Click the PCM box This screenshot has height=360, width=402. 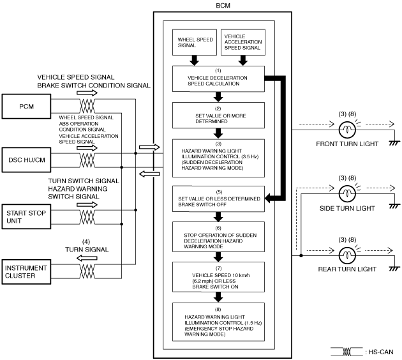[x=26, y=107]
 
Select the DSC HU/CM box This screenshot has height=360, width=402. [x=26, y=160]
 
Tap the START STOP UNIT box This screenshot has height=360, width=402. [x=26, y=216]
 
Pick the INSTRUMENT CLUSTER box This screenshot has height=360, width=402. [x=26, y=272]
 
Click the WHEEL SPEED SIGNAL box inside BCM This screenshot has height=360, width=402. [x=195, y=42]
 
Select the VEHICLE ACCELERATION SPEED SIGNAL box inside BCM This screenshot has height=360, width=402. [x=243, y=42]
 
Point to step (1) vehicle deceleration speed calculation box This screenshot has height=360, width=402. [x=218, y=79]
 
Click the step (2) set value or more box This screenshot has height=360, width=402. [x=218, y=116]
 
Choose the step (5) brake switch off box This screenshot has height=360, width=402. [x=218, y=199]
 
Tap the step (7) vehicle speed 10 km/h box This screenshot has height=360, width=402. [x=218, y=277]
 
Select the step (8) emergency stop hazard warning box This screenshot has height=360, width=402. [x=218, y=322]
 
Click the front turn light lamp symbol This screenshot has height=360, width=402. [x=347, y=130]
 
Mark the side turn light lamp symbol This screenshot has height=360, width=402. [x=347, y=193]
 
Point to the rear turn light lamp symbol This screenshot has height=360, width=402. [x=347, y=255]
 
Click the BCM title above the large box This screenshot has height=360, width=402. [x=223, y=5]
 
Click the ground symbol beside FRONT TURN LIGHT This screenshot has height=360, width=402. [x=394, y=143]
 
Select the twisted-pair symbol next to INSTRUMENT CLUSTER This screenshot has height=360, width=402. [x=87, y=271]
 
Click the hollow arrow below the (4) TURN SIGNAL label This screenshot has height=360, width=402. [x=87, y=259]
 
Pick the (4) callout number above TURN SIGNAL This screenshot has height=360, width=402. [x=86, y=242]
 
